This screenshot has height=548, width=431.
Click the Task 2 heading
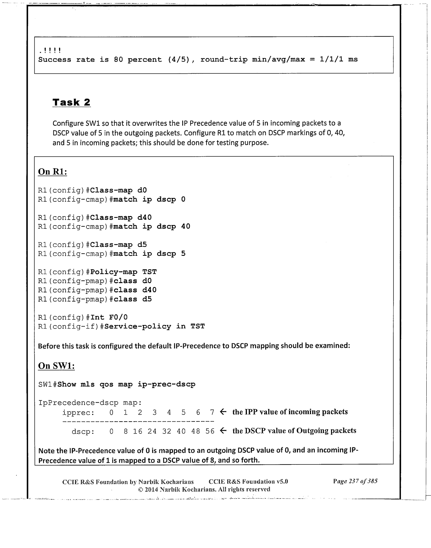(x=71, y=102)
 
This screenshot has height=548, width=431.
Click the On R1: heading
(x=53, y=172)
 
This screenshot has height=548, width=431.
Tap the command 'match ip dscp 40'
(x=152, y=226)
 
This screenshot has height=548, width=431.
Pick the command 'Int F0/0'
(x=109, y=317)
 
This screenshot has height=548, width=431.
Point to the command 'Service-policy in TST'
(x=155, y=326)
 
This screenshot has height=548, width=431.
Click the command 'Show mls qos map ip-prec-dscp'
(x=126, y=384)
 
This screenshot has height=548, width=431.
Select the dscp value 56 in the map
(x=210, y=431)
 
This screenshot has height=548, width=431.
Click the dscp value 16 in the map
(x=138, y=431)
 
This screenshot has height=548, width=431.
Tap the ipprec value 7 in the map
(x=212, y=412)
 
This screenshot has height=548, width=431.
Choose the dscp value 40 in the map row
(x=181, y=431)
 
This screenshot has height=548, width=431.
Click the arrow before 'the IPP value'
(x=223, y=412)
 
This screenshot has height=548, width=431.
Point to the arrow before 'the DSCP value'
(x=223, y=431)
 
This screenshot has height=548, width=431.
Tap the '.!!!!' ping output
(x=50, y=51)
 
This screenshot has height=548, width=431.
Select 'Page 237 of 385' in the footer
(x=355, y=481)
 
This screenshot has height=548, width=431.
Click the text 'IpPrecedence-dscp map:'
(x=90, y=403)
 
